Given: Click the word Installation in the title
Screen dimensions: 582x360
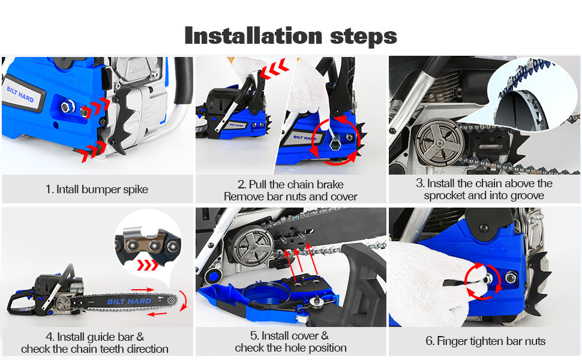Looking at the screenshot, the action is (x=253, y=36).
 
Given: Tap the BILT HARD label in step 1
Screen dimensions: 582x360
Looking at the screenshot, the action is (x=20, y=94).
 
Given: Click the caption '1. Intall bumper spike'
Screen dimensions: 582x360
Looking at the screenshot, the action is (x=97, y=189).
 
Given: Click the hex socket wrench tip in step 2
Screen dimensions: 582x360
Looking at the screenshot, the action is (x=336, y=142).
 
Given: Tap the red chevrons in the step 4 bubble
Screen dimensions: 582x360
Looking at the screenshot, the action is (x=148, y=265).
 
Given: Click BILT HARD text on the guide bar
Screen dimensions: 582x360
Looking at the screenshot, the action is (x=129, y=301).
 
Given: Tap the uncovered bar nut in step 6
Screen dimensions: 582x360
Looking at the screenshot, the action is (x=511, y=277).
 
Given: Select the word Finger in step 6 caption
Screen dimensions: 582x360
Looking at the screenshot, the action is (x=452, y=341).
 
